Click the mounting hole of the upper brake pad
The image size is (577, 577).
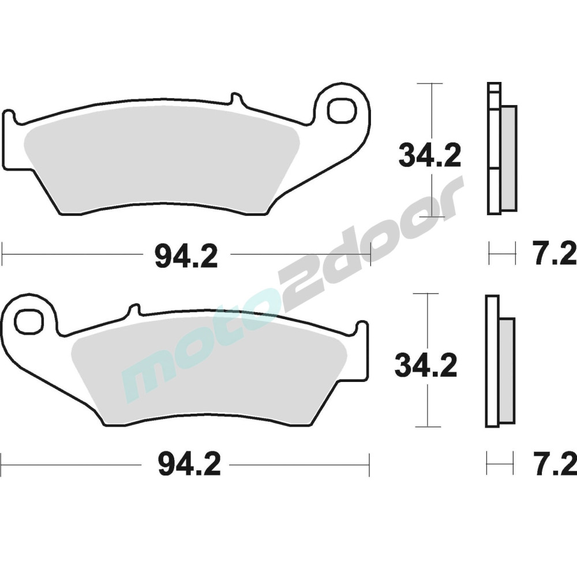[343, 110]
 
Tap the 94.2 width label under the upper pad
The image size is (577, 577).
[186, 257]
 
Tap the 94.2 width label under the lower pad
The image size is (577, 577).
[189, 464]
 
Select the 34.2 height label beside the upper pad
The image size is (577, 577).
[430, 156]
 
